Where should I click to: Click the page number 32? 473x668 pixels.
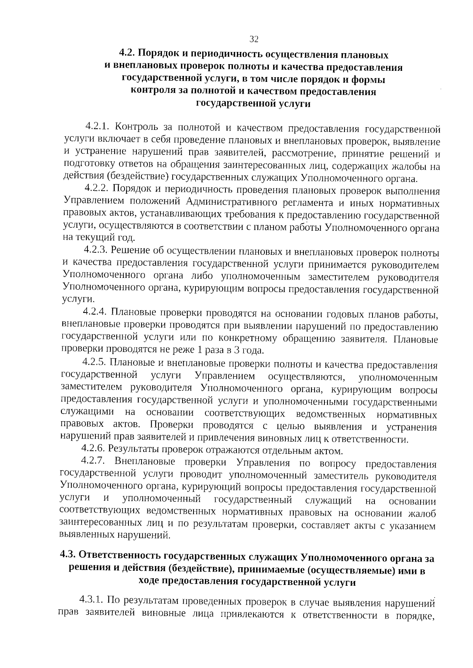coord(254,39)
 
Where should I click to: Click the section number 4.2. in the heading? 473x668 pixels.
coord(128,53)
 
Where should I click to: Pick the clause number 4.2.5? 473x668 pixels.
coord(93,362)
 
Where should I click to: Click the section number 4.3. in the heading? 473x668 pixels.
coord(68,555)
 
